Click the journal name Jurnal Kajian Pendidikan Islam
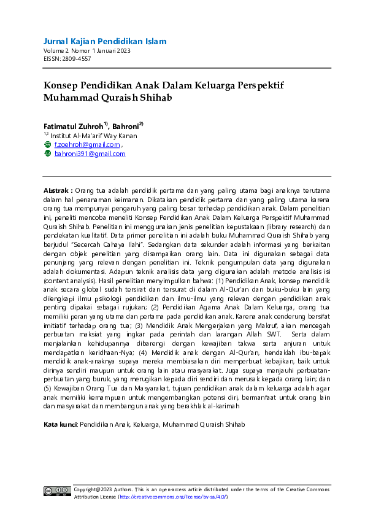point(105,41)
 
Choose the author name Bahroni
point(126,125)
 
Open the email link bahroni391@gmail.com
point(90,154)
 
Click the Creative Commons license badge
point(56,492)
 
